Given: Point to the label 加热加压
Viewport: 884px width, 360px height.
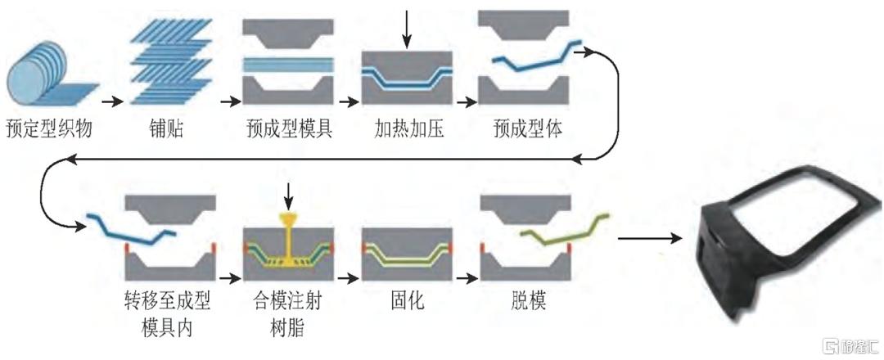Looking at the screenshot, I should [x=408, y=129].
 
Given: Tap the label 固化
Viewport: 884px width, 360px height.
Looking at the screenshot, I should [x=406, y=302].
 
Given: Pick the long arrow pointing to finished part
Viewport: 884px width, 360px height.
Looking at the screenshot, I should [x=651, y=239].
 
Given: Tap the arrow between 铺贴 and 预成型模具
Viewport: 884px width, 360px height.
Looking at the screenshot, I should [x=227, y=102].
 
